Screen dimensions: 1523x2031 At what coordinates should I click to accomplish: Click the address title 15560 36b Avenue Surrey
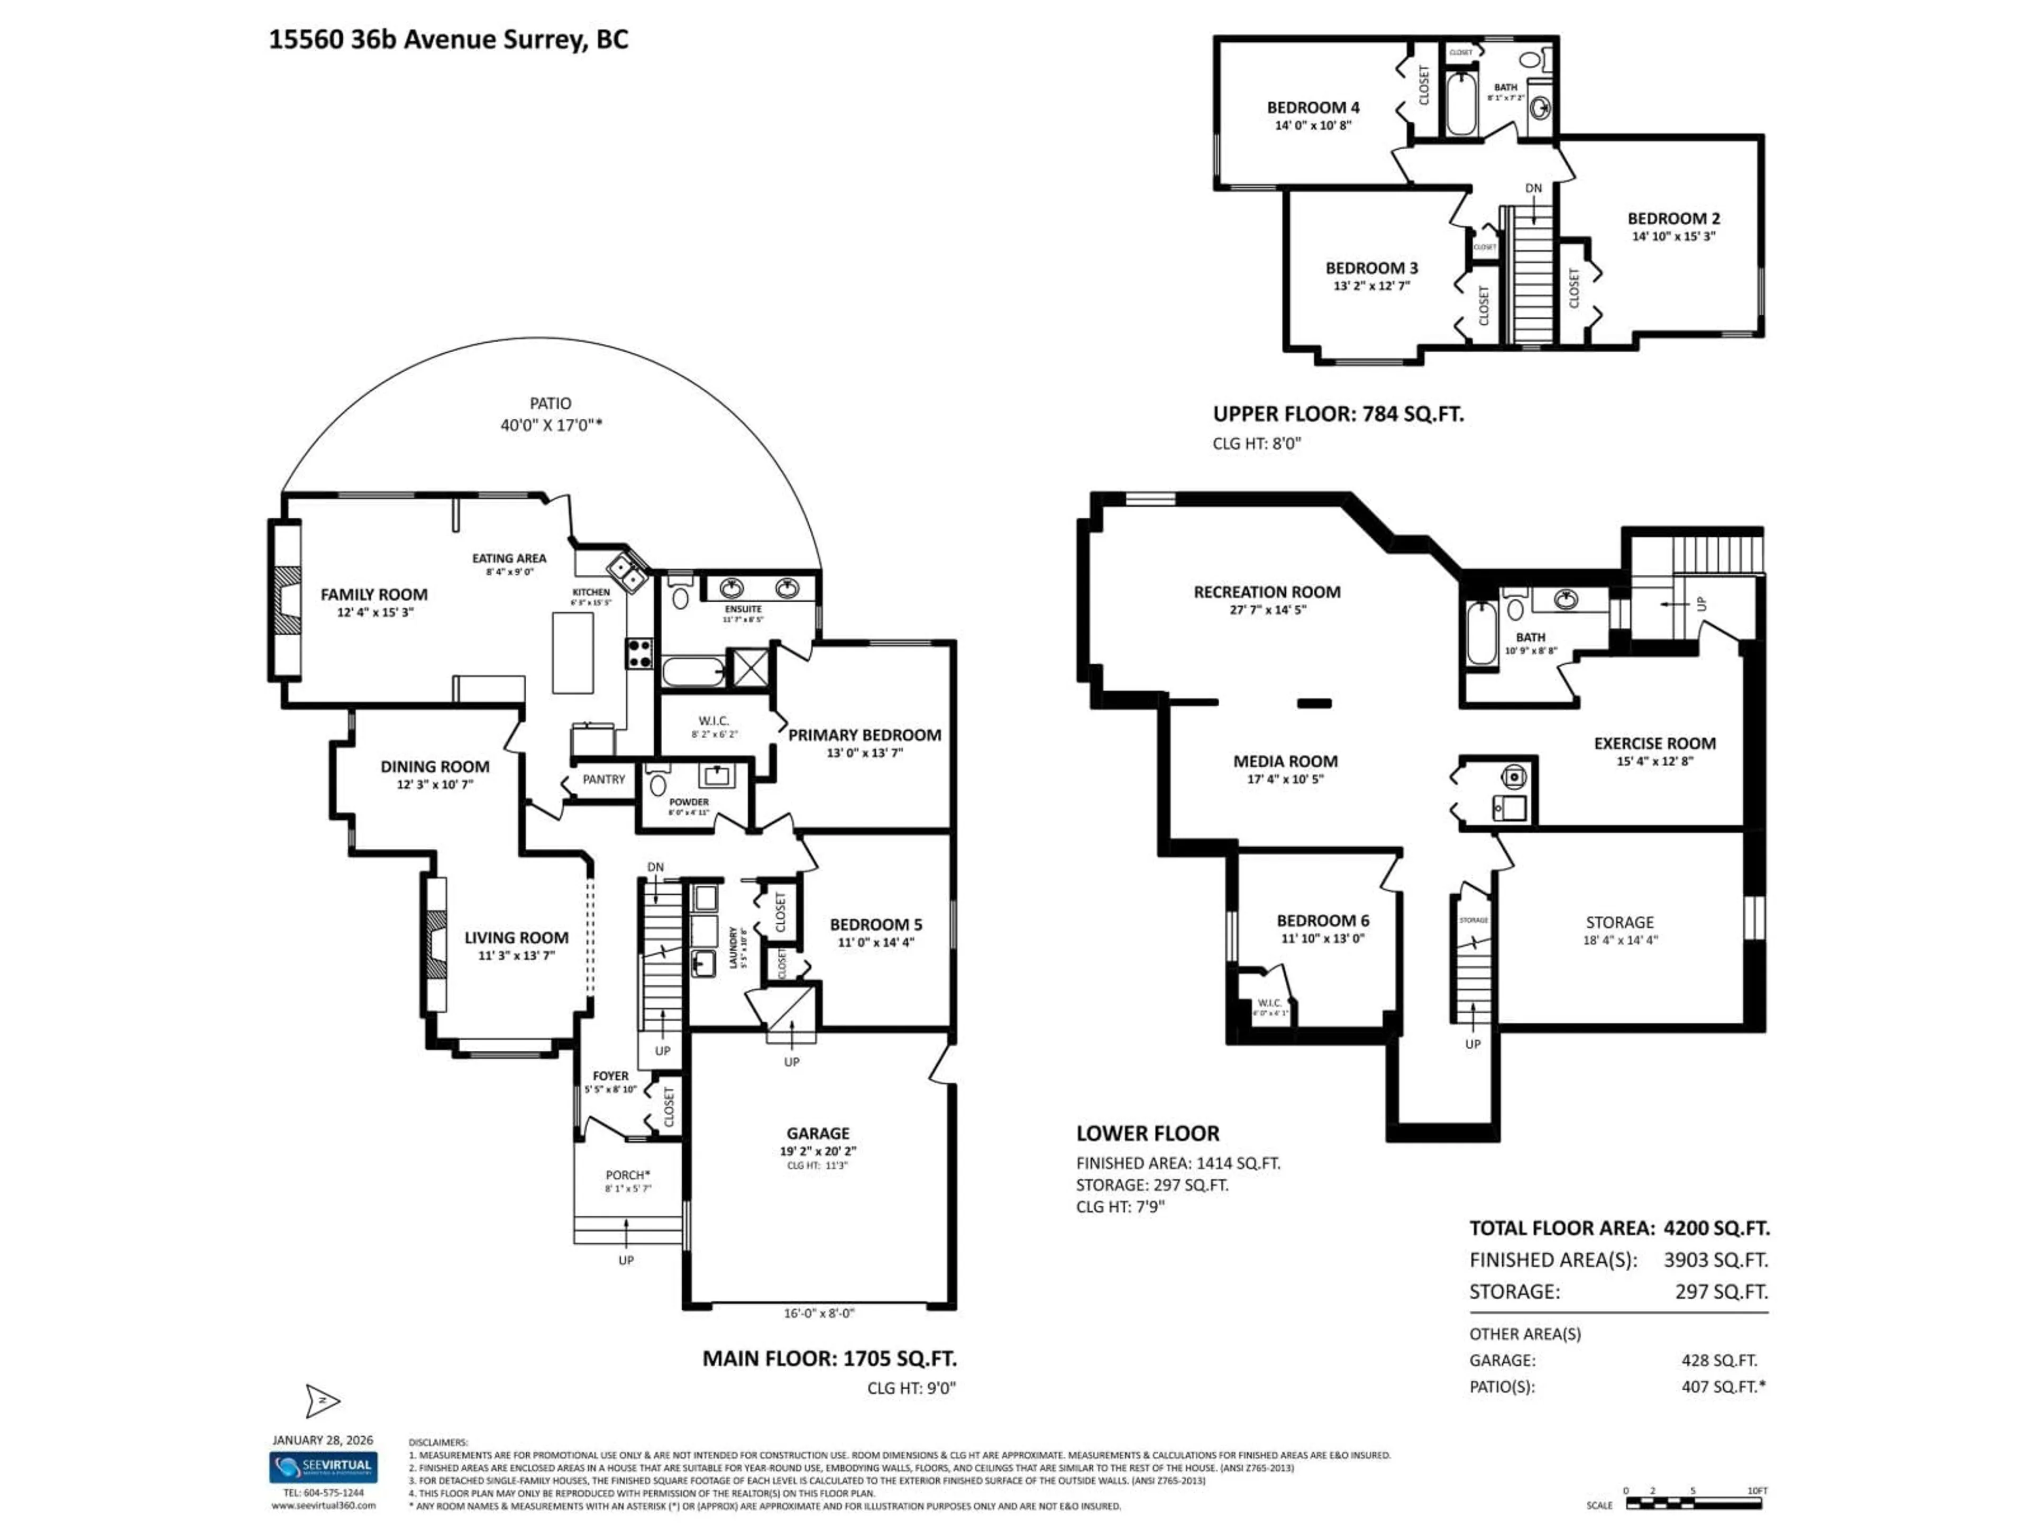pyautogui.click(x=448, y=40)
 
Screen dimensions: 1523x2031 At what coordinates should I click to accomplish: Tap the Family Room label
pyautogui.click(x=374, y=595)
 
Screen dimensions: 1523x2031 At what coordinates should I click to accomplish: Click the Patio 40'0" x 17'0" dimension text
pyautogui.click(x=550, y=425)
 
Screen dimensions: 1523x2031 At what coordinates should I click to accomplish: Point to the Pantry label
pyautogui.click(x=603, y=779)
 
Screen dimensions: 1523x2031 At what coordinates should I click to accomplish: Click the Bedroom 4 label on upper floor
pyautogui.click(x=1313, y=107)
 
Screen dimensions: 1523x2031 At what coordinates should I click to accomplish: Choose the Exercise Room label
pyautogui.click(x=1654, y=744)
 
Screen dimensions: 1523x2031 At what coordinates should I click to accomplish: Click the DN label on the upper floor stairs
pyautogui.click(x=1533, y=188)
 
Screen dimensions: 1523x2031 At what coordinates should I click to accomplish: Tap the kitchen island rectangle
pyautogui.click(x=572, y=653)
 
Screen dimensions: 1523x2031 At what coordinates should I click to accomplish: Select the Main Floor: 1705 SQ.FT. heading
pyautogui.click(x=829, y=1358)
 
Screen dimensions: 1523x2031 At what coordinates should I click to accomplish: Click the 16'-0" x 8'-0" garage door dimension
pyautogui.click(x=819, y=1313)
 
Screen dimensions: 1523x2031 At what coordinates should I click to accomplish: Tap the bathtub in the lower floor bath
pyautogui.click(x=1481, y=634)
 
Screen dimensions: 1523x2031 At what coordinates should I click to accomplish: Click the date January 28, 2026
pyautogui.click(x=322, y=1441)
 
